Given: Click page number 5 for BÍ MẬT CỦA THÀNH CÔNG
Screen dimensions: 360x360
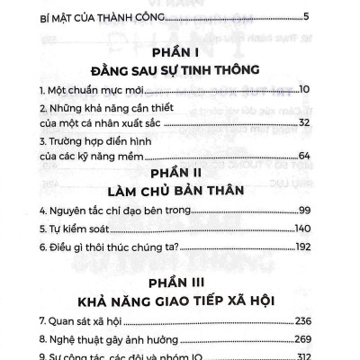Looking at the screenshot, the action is pos(332,16).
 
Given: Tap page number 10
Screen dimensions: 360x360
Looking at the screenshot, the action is pos(328,90).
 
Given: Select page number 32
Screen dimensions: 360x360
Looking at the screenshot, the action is pos(328,122).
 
